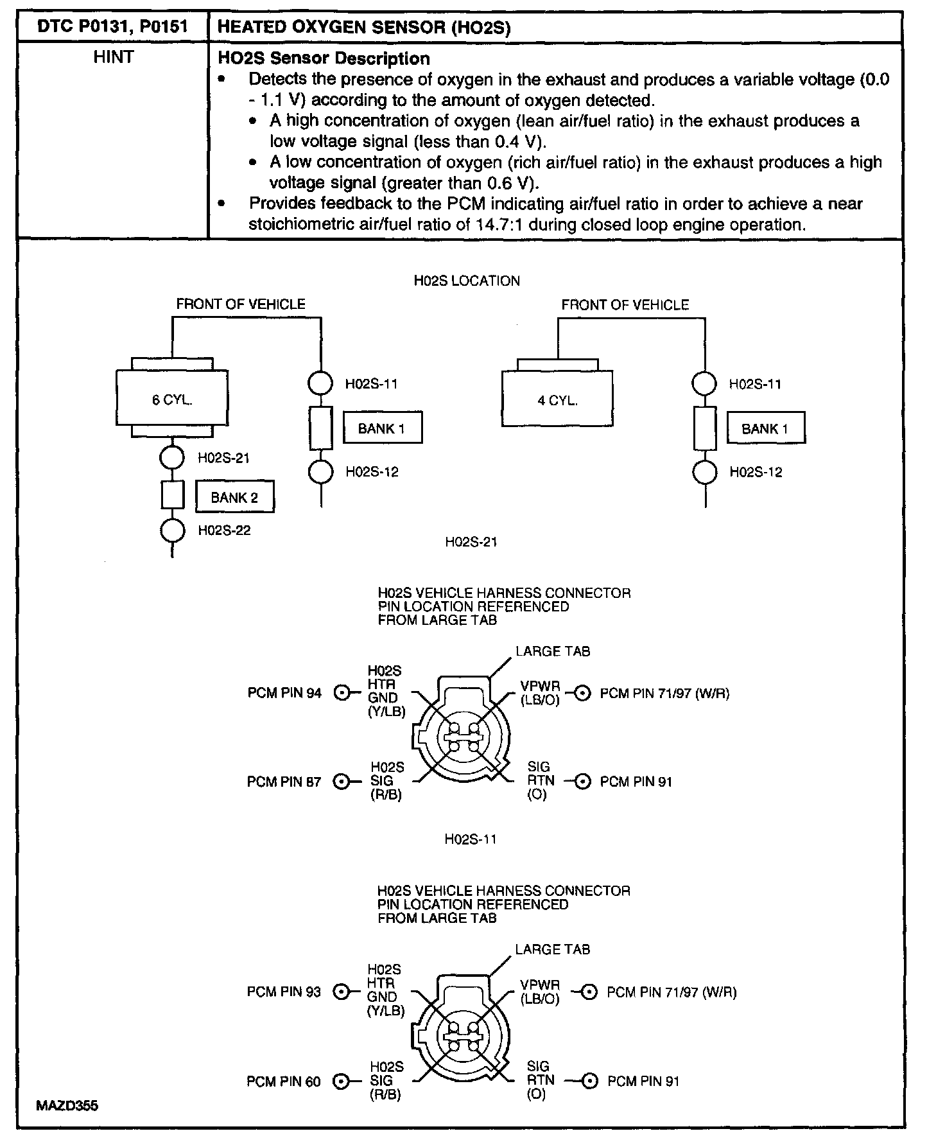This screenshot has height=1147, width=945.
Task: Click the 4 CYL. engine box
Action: (x=557, y=399)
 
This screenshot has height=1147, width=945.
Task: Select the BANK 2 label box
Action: (x=235, y=497)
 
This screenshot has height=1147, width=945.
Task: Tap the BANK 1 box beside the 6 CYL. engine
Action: (x=382, y=428)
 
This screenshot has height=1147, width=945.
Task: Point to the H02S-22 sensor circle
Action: (x=172, y=530)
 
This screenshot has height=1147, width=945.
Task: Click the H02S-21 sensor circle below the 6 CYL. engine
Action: (x=172, y=458)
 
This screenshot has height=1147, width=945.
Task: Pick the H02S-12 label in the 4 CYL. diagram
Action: (x=756, y=473)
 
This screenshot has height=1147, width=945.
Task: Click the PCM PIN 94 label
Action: (x=284, y=693)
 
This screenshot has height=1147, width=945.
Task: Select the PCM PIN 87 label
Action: (x=284, y=782)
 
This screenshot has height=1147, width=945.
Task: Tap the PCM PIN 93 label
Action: (x=284, y=992)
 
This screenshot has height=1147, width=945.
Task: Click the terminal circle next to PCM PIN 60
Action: (x=342, y=1081)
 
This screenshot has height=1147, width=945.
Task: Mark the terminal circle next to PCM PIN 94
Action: (x=343, y=693)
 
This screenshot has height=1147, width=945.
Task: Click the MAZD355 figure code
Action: (x=67, y=1106)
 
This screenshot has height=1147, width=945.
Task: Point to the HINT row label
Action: (x=113, y=58)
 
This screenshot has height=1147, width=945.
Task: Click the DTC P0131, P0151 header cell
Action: (x=113, y=27)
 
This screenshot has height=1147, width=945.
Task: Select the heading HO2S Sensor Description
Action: (x=324, y=58)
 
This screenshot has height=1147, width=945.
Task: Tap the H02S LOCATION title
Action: (x=467, y=281)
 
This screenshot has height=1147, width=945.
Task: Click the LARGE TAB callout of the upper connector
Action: (x=552, y=651)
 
